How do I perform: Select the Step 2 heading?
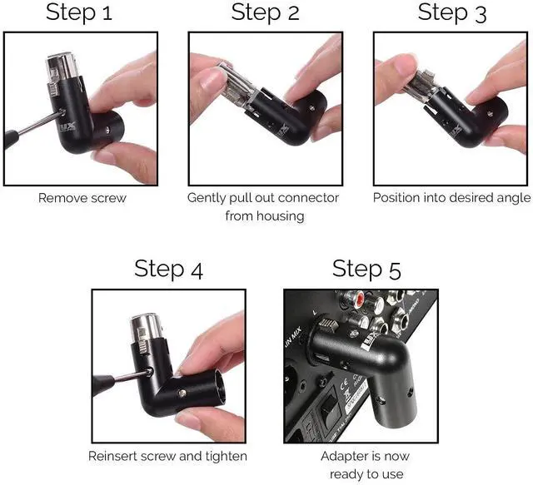click(x=266, y=12)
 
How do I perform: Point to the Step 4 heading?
click(x=168, y=270)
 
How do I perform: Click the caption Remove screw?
click(x=81, y=199)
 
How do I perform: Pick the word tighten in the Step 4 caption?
click(x=225, y=456)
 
